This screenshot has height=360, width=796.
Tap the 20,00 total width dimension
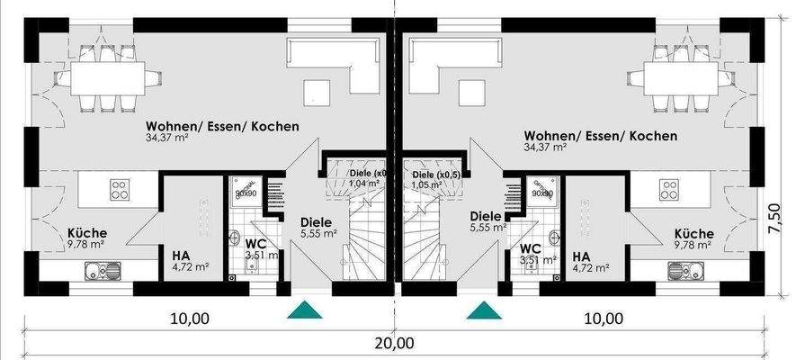coord(397,343)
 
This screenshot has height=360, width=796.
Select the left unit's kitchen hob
coord(120,189)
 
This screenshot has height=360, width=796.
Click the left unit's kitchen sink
coord(103,268)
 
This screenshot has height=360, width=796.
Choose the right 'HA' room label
coord(580,255)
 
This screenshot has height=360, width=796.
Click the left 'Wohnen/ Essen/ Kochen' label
coord(223,127)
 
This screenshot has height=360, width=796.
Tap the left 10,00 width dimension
coord(189,318)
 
